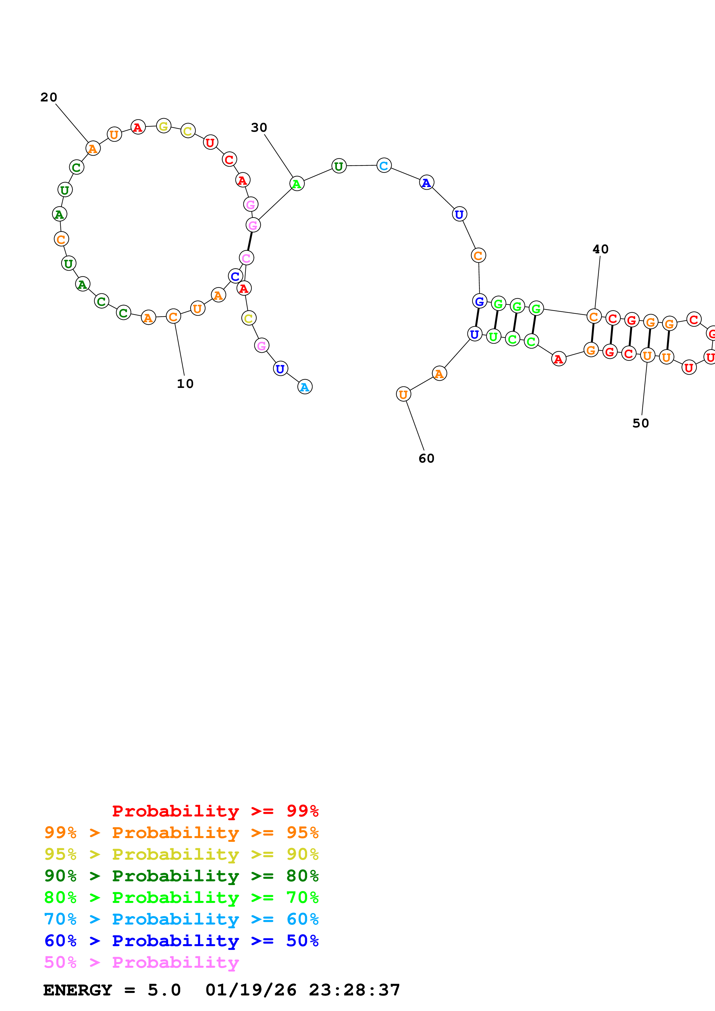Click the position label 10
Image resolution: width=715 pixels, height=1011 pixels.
(185, 384)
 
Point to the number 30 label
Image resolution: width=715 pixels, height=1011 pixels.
(259, 128)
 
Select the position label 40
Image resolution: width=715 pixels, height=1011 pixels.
(600, 249)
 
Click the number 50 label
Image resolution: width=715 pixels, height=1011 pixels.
(641, 423)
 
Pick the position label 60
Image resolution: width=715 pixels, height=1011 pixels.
(427, 459)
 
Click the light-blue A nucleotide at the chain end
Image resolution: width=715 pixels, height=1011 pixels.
(305, 387)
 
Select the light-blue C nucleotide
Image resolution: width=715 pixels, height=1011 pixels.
(384, 165)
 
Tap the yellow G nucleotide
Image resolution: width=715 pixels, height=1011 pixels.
(164, 126)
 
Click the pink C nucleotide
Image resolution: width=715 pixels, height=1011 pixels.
(246, 258)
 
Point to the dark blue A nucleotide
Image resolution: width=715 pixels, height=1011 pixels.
(427, 182)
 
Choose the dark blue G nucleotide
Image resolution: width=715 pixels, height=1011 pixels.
(479, 301)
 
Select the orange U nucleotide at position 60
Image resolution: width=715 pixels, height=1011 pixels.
(404, 395)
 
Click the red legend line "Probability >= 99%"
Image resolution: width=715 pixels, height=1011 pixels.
(215, 811)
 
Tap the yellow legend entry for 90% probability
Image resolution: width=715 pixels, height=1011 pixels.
(181, 854)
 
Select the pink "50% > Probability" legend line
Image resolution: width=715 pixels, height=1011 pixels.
(141, 963)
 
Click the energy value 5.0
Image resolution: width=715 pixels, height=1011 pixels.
(164, 990)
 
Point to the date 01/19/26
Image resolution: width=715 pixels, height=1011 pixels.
(251, 990)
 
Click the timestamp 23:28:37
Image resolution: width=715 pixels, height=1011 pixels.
(354, 990)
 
